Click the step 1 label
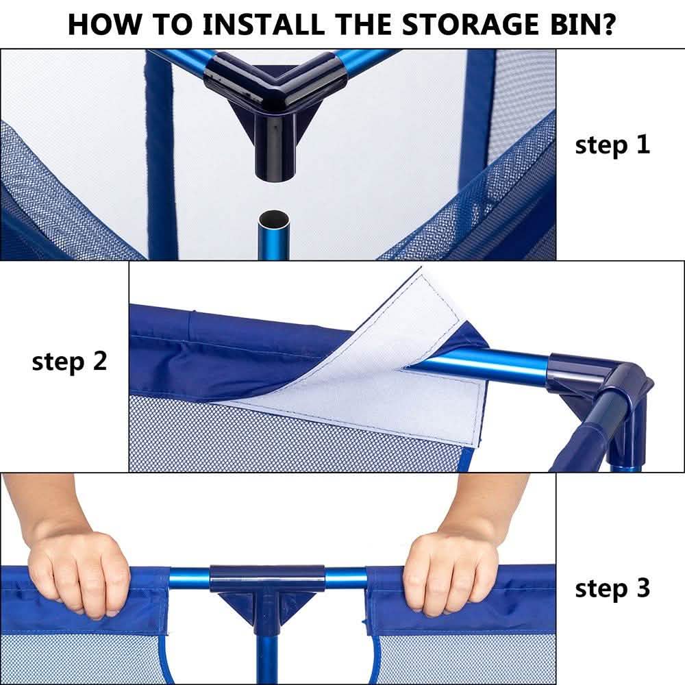612,145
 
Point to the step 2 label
69,361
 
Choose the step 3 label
612,588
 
